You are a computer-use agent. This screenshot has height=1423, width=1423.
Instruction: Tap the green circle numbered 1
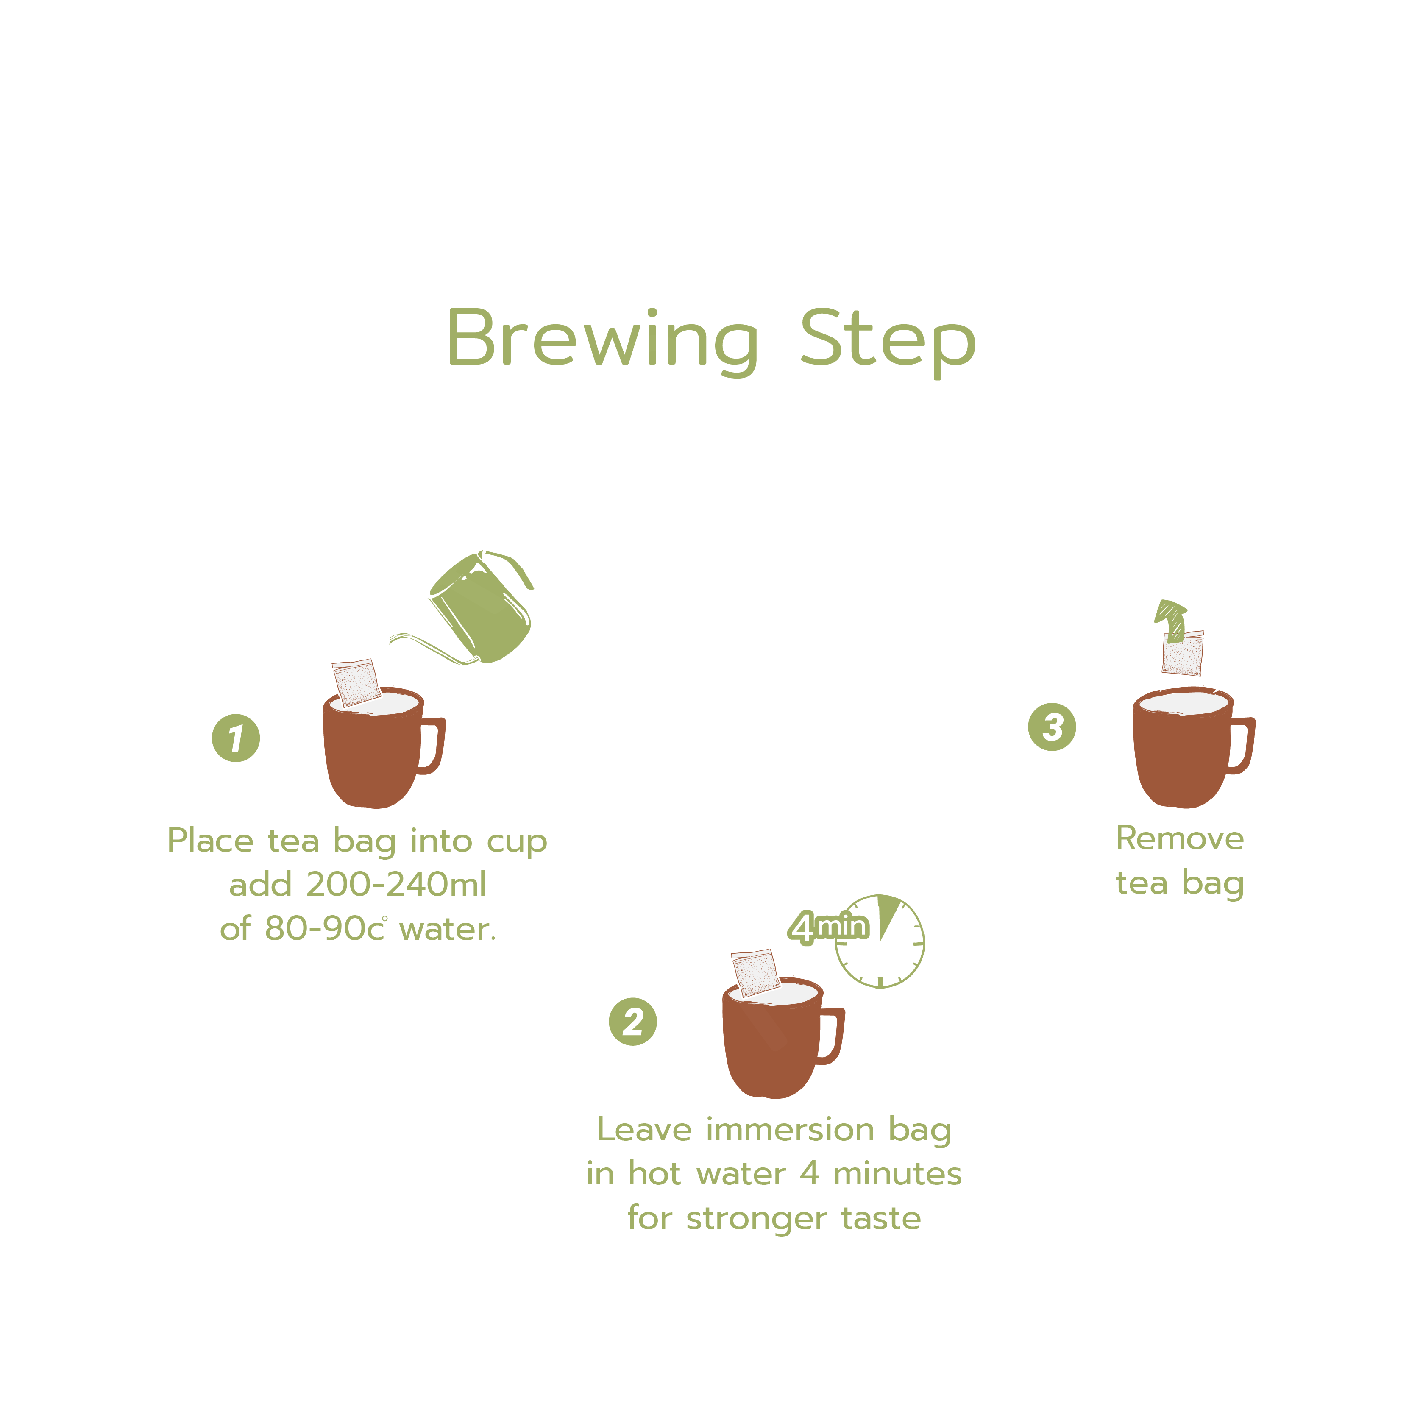[236, 738]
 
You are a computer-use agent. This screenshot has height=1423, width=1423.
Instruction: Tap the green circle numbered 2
[633, 1022]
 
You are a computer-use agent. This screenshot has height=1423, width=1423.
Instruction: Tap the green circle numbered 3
[1052, 727]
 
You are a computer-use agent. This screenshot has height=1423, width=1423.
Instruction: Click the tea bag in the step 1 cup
[356, 682]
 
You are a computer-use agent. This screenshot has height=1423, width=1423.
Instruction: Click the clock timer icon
[880, 941]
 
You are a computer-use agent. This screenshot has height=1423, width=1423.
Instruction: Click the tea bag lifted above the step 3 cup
[1183, 653]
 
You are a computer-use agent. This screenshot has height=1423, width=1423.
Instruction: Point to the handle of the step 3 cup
[1242, 745]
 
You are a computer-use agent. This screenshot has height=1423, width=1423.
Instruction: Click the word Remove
[1180, 838]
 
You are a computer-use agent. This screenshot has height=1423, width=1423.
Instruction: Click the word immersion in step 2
[790, 1130]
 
